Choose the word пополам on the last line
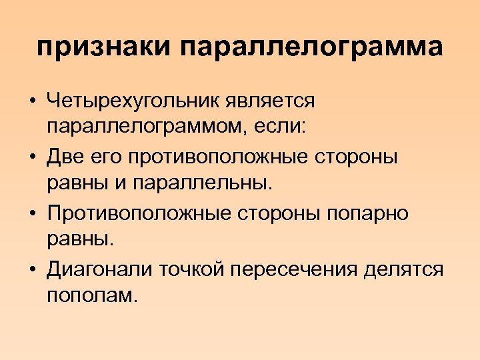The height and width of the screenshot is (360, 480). [92, 294]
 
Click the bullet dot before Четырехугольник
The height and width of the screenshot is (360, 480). [32, 103]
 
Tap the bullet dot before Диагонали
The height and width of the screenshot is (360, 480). [32, 269]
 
